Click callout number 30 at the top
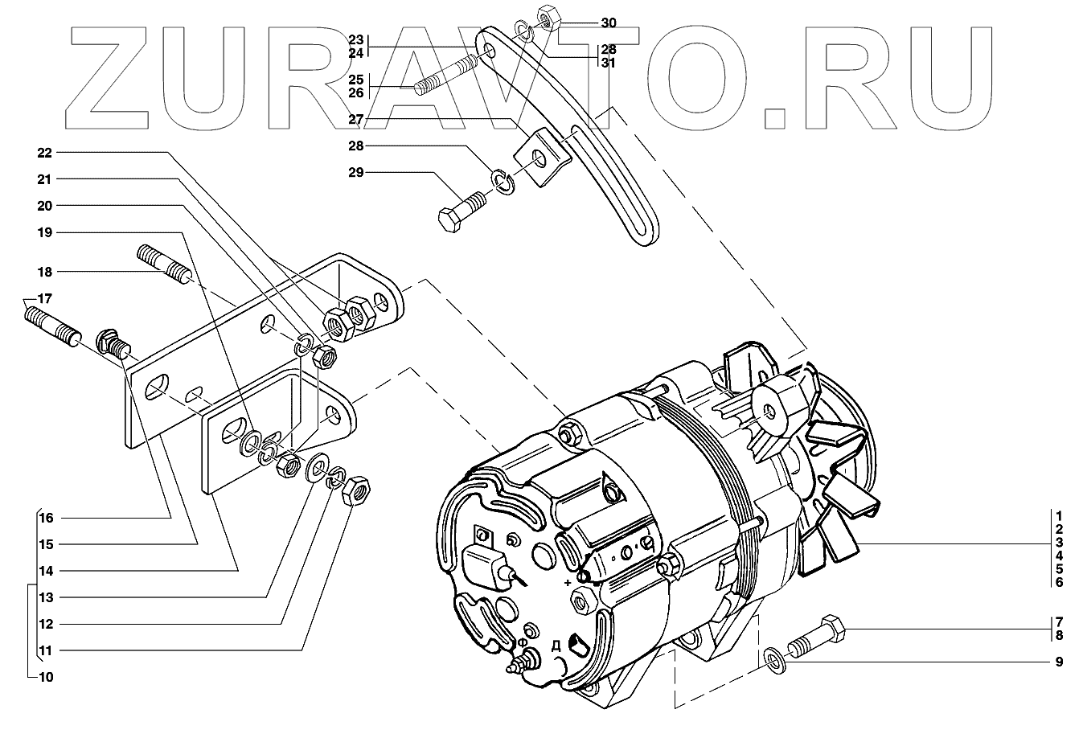pyautogui.click(x=608, y=23)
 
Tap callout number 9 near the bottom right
pyautogui.click(x=1059, y=662)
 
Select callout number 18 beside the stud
pyautogui.click(x=44, y=272)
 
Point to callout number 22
pyautogui.click(x=44, y=152)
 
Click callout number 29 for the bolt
pyautogui.click(x=356, y=173)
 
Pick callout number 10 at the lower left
pyautogui.click(x=46, y=677)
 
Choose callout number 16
pyautogui.click(x=46, y=518)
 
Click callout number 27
pyautogui.click(x=356, y=120)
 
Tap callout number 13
pyautogui.click(x=46, y=597)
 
